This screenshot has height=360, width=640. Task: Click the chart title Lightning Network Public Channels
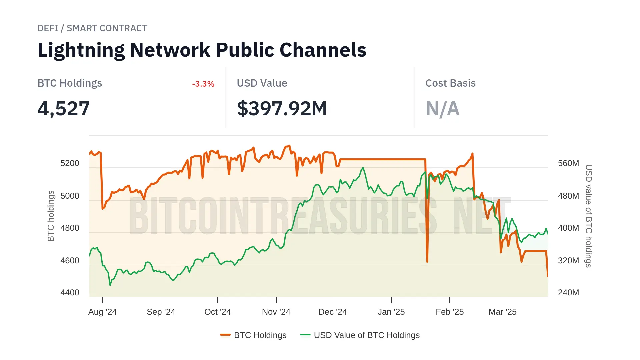202,50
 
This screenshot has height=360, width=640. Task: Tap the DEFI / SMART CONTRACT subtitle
92,28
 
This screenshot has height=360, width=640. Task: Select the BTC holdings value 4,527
64,109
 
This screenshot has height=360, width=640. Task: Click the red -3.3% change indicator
203,84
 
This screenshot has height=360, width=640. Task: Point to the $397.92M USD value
282,109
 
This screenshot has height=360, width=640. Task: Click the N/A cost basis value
443,109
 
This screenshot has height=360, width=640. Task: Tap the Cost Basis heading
450,83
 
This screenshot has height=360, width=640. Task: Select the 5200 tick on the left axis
70,163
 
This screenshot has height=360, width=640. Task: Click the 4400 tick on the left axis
70,293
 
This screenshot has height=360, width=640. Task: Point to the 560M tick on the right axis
568,163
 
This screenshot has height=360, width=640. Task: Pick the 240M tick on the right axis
568,293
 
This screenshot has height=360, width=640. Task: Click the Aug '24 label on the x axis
102,312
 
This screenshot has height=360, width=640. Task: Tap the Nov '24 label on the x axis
276,312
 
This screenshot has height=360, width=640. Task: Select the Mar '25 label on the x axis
502,312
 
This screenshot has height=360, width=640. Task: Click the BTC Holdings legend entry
253,335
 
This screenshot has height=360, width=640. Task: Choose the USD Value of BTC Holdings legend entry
360,335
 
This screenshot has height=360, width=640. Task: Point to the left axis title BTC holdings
51,216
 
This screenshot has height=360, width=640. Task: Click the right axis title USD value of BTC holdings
589,216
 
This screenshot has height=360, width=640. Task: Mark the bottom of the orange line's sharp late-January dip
427,262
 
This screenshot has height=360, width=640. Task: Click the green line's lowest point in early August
110,285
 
